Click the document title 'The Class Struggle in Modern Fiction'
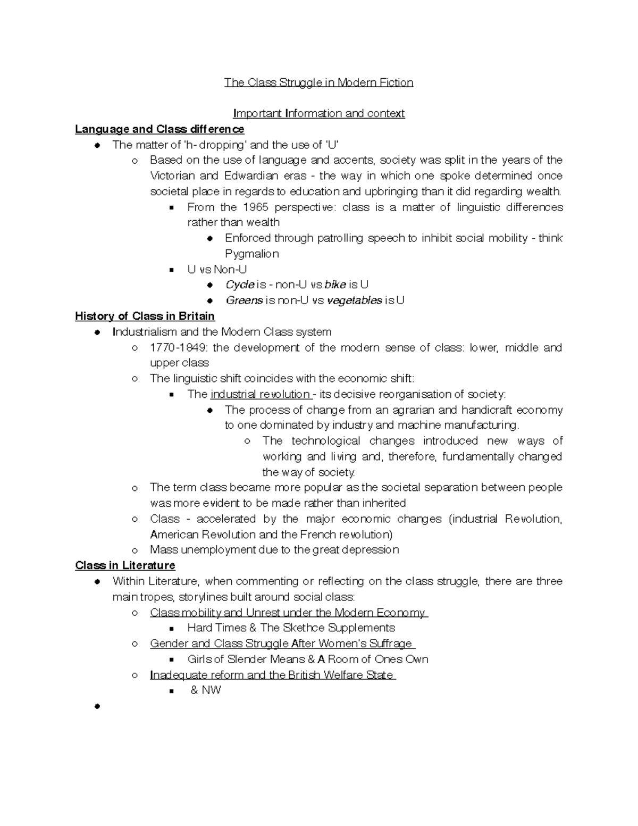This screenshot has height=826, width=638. [x=318, y=82]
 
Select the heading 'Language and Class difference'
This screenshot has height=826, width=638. [x=159, y=129]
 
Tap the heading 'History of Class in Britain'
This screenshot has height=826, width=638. [x=145, y=316]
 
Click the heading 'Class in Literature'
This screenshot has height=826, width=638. [x=125, y=565]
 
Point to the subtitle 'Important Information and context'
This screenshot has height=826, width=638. [x=319, y=113]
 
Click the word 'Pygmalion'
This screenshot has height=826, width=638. [x=251, y=254]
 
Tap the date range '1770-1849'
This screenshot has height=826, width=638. [x=179, y=348]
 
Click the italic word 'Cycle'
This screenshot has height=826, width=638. [x=240, y=285]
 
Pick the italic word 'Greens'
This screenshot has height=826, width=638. [x=244, y=301]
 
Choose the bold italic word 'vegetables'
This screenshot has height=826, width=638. [x=354, y=301]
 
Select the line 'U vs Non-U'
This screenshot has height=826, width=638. [x=217, y=270]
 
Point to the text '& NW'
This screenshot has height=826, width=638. [x=205, y=690]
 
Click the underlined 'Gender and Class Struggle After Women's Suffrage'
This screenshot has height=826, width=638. [x=281, y=644]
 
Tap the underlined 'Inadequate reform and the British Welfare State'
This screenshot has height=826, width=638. [x=272, y=675]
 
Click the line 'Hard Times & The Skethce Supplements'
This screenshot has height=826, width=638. [x=291, y=628]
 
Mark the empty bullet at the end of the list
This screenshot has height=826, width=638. [x=97, y=706]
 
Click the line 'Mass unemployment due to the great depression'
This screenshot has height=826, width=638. [x=274, y=550]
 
